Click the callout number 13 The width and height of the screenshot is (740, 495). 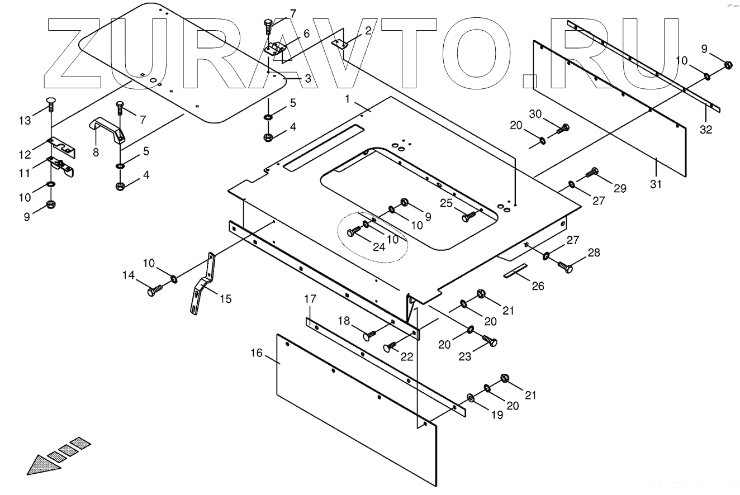click(x=25, y=121)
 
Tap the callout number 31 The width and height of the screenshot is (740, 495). click(x=656, y=184)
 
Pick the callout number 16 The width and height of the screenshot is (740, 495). click(x=257, y=353)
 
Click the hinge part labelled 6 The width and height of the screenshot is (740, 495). click(x=274, y=48)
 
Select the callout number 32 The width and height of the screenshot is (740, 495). click(x=706, y=130)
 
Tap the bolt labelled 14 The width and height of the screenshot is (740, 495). click(x=153, y=291)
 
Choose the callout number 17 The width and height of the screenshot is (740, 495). click(x=310, y=299)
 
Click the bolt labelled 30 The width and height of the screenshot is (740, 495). click(x=562, y=129)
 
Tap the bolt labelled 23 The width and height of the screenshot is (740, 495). click(x=490, y=341)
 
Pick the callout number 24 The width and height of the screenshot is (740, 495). click(x=379, y=246)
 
